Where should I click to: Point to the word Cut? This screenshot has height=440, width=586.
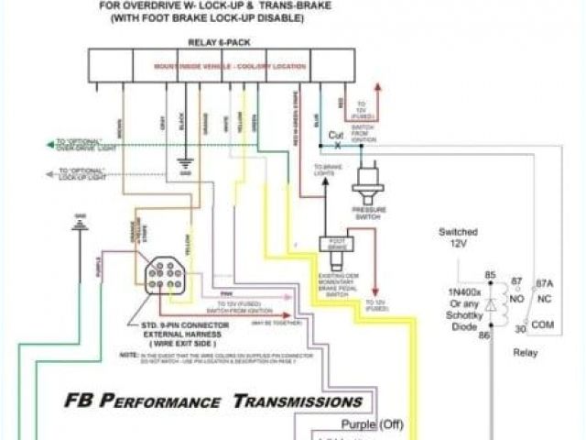(x=336, y=134)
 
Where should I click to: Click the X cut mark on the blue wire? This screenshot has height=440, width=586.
(x=336, y=146)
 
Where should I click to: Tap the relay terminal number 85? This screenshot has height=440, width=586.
(x=491, y=276)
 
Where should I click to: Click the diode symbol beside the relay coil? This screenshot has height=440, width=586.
(x=491, y=305)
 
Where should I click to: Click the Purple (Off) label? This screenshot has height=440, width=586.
(x=371, y=424)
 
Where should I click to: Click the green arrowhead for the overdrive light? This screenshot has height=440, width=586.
(x=46, y=145)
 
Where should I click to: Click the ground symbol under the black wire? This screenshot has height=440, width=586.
(x=184, y=172)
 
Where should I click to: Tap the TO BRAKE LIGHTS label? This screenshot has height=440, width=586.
(x=327, y=170)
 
